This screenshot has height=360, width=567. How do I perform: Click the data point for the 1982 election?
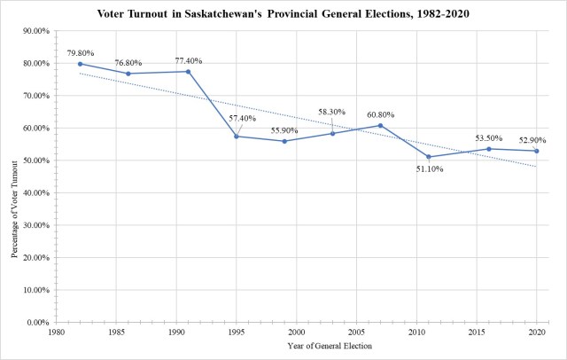[x=80, y=64]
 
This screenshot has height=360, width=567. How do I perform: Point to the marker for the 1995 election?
[x=236, y=136]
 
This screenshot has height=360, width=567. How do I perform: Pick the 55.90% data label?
[x=283, y=130]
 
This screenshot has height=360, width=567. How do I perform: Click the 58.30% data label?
[x=332, y=113]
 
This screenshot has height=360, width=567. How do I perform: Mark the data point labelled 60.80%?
[x=380, y=125]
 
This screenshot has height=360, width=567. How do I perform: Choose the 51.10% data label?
[x=429, y=168]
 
